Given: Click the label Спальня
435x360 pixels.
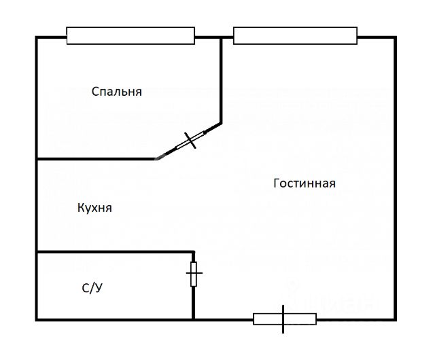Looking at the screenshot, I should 117,91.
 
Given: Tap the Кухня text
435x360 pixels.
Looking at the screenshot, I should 94,208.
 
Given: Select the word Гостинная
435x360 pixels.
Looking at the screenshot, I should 304,183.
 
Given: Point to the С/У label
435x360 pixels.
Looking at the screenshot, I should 92,288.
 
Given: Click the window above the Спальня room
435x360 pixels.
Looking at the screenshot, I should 130,35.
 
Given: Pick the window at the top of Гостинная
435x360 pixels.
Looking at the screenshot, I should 295,35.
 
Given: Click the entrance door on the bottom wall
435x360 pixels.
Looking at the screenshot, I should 284,319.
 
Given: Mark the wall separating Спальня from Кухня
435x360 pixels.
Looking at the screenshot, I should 95,159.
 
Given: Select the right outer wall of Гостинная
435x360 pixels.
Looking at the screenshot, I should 395,177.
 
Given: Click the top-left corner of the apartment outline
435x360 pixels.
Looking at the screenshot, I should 36,37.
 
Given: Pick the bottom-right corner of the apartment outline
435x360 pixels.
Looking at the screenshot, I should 395,319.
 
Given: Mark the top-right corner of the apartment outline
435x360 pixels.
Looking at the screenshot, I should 395,37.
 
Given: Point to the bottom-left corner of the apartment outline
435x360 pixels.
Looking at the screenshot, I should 36,319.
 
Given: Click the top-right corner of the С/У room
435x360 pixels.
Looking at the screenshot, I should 194,251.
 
